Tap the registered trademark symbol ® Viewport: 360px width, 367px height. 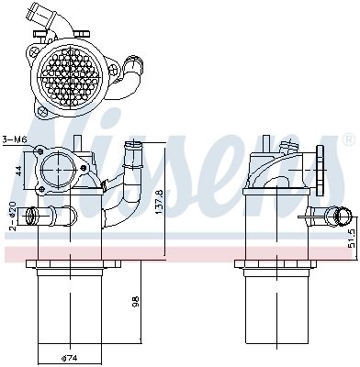click(x=347, y=139)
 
